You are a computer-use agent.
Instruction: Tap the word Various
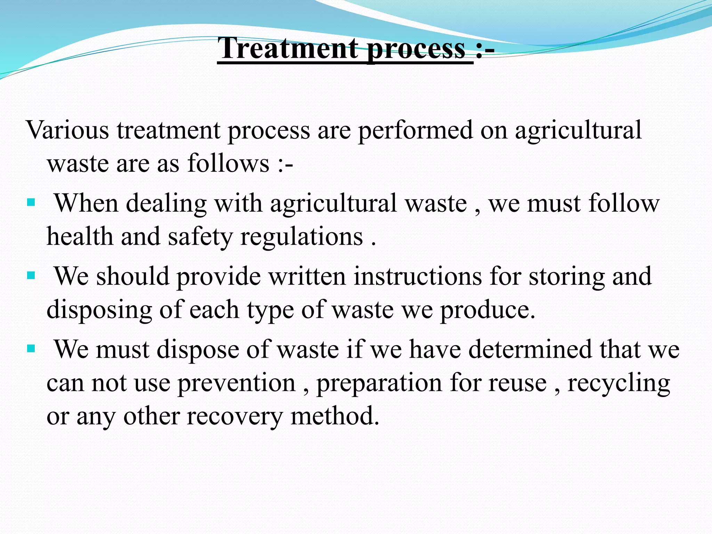pos(67,130)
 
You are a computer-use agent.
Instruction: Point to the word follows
pos(228,163)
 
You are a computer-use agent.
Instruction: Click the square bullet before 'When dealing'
pos(31,202)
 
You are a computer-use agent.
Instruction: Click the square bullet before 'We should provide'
pos(31,276)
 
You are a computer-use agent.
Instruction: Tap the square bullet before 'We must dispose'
pos(31,348)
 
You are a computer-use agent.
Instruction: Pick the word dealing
pos(166,204)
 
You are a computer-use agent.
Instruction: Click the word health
pos(80,236)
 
